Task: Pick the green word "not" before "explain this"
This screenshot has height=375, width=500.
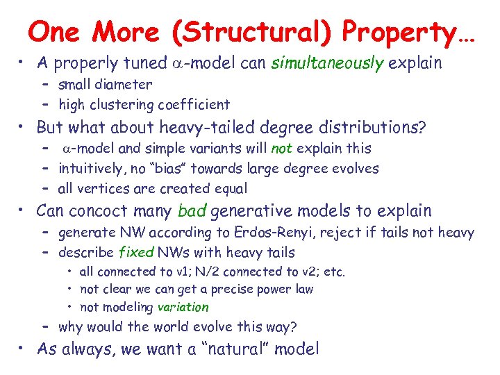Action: [x=281, y=148]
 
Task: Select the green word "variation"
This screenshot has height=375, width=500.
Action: [x=183, y=307]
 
